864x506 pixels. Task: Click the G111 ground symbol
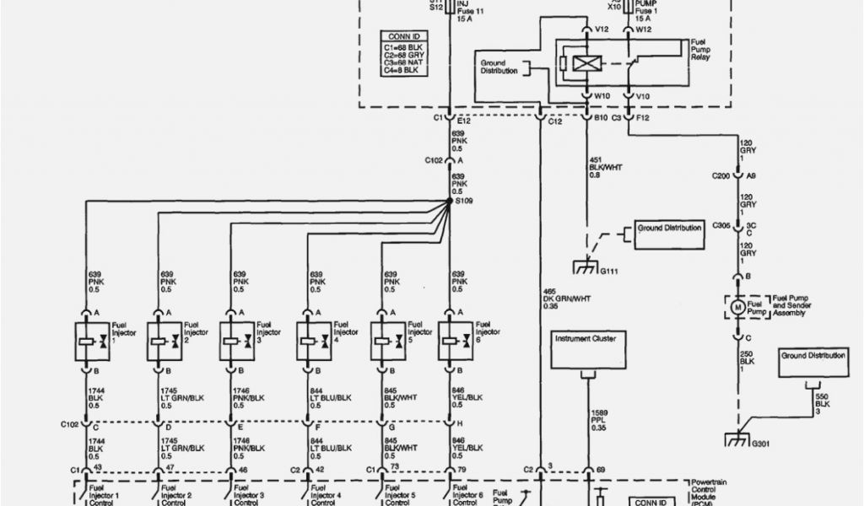(x=585, y=267)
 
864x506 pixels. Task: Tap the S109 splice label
(x=463, y=202)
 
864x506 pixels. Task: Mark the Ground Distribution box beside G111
(x=669, y=233)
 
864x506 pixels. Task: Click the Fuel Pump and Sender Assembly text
(x=785, y=309)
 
